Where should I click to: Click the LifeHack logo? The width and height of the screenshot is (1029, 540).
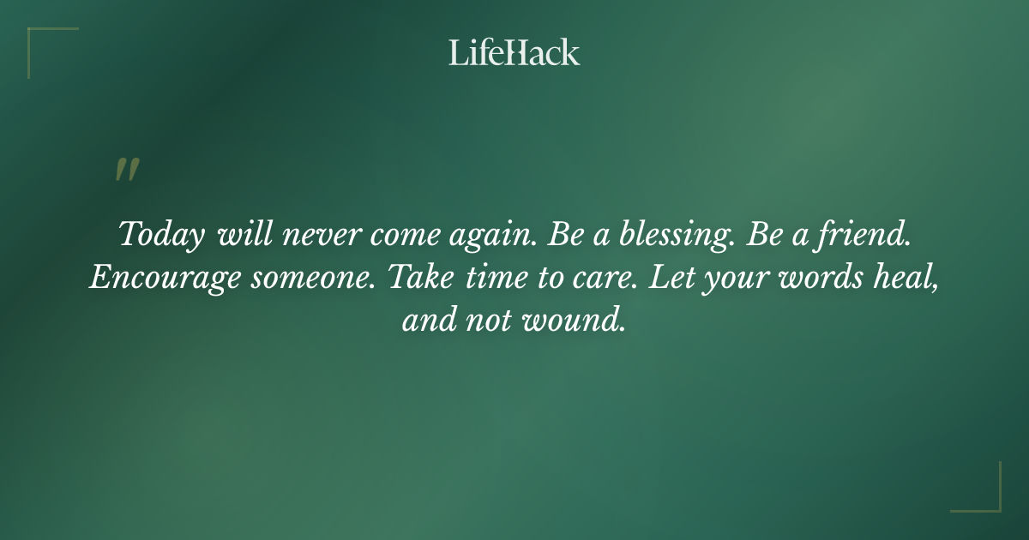click(514, 52)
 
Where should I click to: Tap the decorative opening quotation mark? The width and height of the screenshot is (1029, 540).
click(127, 170)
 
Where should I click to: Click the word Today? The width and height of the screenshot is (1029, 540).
click(162, 235)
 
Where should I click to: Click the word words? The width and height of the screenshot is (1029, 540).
click(817, 279)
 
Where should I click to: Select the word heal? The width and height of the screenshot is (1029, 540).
click(904, 279)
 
